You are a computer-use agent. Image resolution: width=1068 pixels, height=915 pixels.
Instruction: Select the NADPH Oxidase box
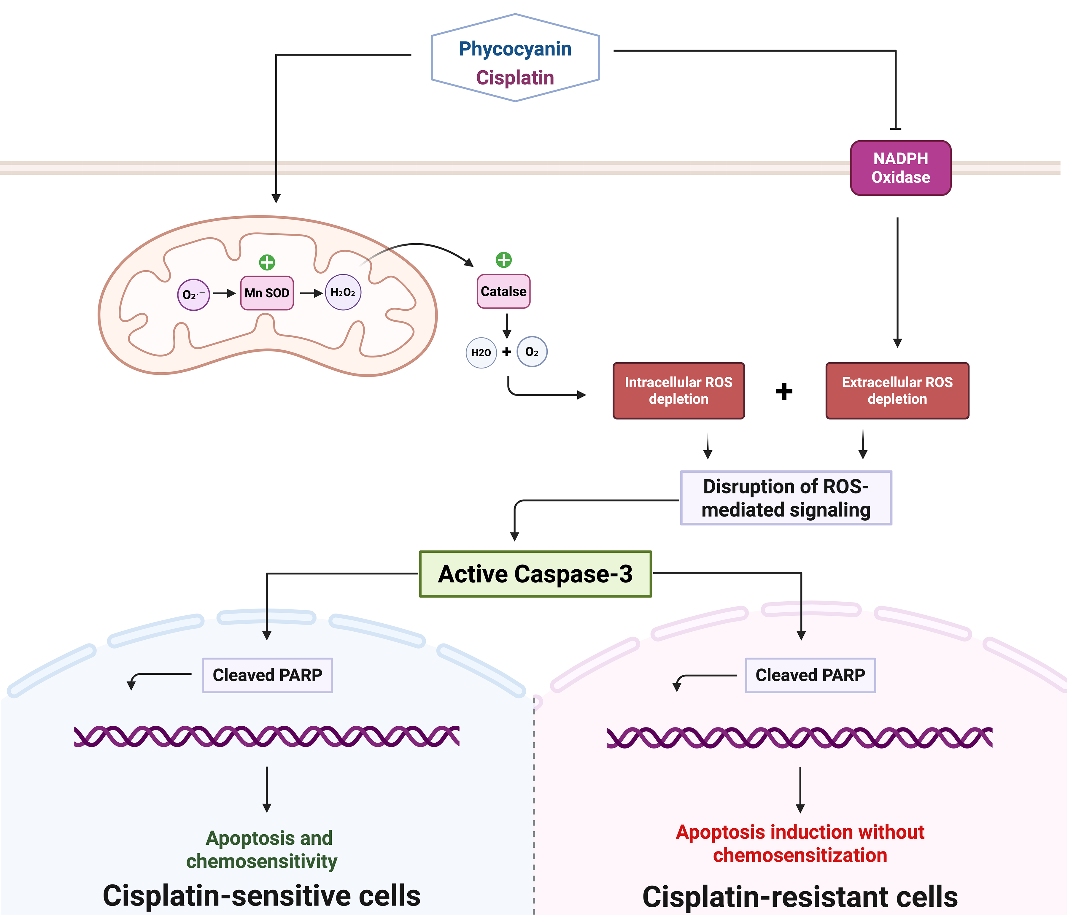click(x=900, y=168)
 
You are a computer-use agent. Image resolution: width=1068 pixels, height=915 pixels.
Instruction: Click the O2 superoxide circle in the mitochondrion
click(x=193, y=295)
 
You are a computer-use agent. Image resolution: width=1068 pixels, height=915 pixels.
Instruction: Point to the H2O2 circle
click(x=343, y=292)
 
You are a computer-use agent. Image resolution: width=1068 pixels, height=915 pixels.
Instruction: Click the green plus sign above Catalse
click(x=503, y=260)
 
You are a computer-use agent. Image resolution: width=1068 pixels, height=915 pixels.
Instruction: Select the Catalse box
click(x=503, y=291)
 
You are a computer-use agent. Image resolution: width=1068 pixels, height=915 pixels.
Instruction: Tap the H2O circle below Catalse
click(x=481, y=352)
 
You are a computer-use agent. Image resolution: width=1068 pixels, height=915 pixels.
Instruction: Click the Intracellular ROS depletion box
click(x=678, y=391)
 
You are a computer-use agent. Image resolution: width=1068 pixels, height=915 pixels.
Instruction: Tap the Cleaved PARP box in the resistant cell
click(x=810, y=675)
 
